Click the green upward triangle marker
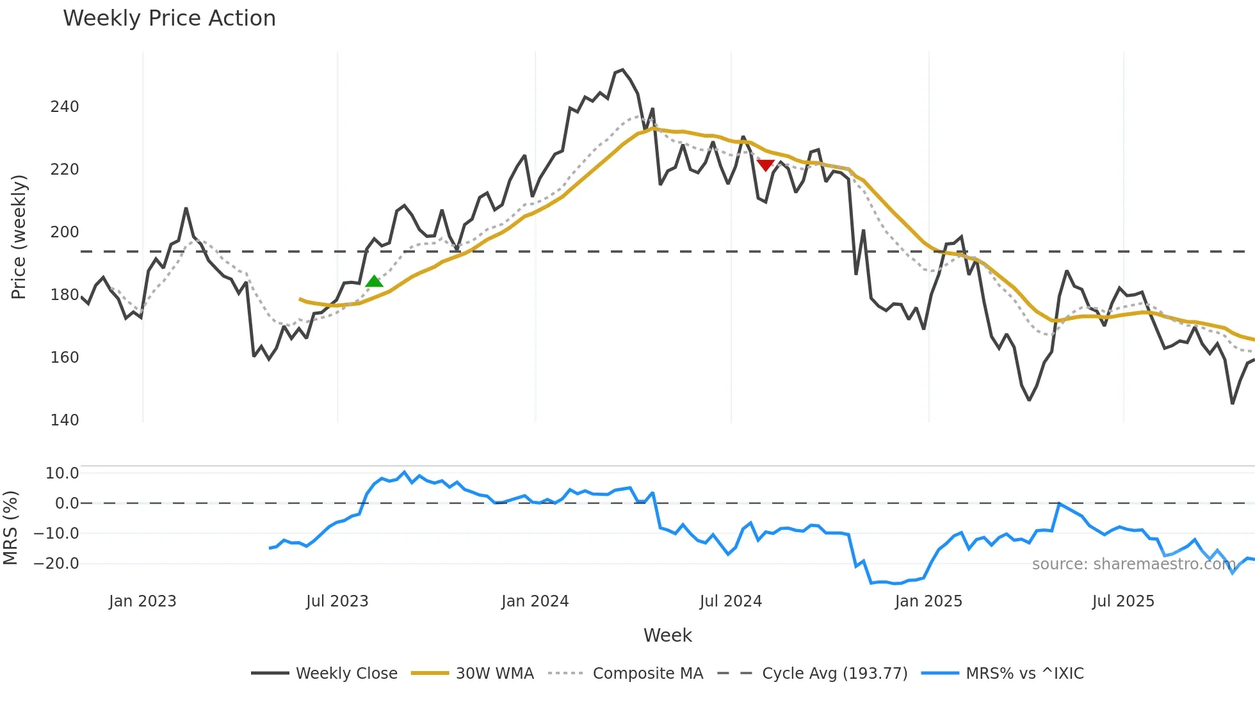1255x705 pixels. click(374, 281)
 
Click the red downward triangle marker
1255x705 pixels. click(765, 165)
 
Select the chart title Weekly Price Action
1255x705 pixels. click(169, 19)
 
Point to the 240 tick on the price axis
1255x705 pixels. click(65, 107)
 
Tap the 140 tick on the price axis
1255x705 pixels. click(65, 420)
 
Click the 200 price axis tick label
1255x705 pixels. click(65, 232)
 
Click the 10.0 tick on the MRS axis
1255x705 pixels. click(62, 473)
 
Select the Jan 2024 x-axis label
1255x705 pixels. click(535, 601)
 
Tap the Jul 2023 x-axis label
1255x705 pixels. click(337, 601)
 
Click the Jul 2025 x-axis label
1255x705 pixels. click(1123, 601)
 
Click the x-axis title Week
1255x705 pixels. click(667, 635)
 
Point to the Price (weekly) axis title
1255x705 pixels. click(19, 237)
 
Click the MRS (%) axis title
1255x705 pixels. click(10, 528)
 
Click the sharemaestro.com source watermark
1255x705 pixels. click(1133, 564)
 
